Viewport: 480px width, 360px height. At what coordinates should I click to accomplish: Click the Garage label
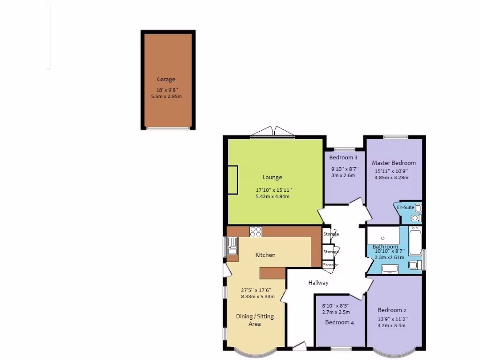(166, 80)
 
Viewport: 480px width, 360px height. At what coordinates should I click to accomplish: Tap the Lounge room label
(272, 177)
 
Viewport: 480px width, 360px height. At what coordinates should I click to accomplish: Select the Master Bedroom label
(394, 163)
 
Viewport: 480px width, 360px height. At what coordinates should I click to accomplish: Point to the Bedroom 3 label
(343, 157)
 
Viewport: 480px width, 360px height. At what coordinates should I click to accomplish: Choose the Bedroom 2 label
(392, 310)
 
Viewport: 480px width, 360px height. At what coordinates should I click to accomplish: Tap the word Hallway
(318, 283)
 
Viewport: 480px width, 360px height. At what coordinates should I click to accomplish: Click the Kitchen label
(265, 255)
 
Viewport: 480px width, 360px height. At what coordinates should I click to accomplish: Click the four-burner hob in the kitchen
(255, 231)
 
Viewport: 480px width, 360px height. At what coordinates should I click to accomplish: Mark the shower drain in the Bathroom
(383, 238)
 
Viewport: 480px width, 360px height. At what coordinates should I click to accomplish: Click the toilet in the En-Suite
(415, 218)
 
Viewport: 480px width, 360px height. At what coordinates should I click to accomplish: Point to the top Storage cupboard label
(330, 234)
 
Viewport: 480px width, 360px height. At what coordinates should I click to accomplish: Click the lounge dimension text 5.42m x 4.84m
(272, 196)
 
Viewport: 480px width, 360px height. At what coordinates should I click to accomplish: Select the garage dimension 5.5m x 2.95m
(166, 96)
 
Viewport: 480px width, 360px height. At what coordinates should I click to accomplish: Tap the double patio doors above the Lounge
(272, 132)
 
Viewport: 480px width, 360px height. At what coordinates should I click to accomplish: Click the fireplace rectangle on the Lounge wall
(232, 178)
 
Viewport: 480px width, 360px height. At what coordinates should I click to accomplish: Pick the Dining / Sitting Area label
(255, 320)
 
